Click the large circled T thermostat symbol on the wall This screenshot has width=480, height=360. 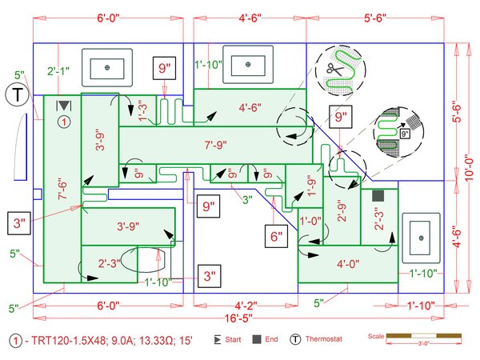(15, 95)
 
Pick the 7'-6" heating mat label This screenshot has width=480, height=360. (62, 194)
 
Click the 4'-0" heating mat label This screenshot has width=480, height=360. (348, 263)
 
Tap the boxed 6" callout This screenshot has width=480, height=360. (277, 235)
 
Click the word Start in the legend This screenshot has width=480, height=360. (233, 340)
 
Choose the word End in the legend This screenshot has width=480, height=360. (271, 340)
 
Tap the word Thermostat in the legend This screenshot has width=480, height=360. (323, 340)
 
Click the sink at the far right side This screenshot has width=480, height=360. (420, 238)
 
